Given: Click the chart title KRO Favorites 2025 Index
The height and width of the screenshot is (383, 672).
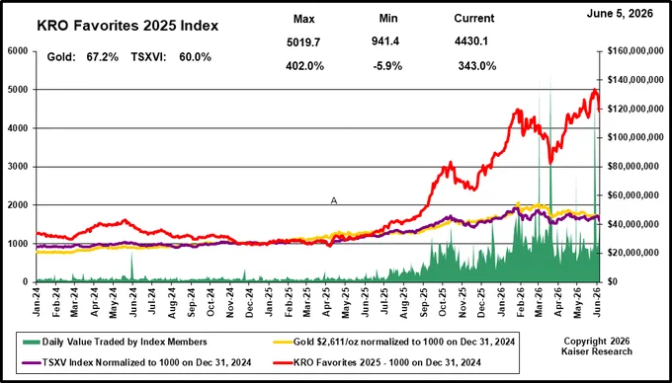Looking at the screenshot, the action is pos(127,26).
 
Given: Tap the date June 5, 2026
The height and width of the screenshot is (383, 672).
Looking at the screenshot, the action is pos(620,14).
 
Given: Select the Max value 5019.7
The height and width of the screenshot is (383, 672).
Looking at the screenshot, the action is pos(303,41).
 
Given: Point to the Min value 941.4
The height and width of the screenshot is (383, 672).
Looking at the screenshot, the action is pos(385,41).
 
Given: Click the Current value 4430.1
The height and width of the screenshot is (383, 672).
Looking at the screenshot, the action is pos(471,41).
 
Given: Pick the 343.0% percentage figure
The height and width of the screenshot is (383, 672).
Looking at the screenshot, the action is pos(477,66).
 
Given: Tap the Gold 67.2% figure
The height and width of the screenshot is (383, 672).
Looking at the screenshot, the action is pos(83,57).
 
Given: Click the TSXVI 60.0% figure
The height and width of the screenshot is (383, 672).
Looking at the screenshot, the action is pos(171,57).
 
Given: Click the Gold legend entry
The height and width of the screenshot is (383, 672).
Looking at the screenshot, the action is pos(394,342).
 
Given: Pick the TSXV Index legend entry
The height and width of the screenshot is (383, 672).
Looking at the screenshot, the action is pos(135,362).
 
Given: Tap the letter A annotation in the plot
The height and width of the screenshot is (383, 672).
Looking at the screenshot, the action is pos(334,200).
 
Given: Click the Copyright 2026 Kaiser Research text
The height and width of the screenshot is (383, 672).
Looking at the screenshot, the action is pos(599,346).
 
